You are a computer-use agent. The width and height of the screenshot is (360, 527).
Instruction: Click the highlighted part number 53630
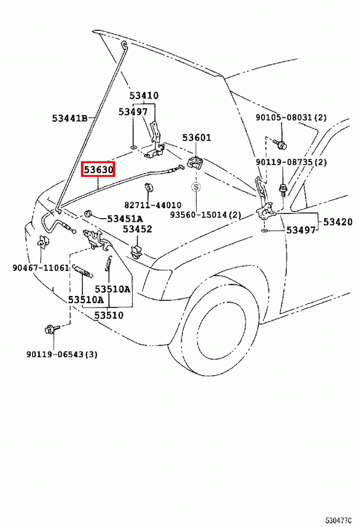coord(98,170)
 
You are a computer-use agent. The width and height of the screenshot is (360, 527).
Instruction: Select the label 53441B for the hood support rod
coord(70,118)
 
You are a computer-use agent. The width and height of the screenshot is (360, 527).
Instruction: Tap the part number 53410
coord(144,96)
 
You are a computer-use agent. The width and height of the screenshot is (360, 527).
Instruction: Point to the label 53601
coord(196,137)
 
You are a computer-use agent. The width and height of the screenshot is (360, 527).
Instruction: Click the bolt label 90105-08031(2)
coord(291,117)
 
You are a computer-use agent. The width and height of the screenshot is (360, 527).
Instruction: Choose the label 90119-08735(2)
coord(291,162)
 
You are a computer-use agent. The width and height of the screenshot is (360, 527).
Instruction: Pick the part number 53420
coord(337,222)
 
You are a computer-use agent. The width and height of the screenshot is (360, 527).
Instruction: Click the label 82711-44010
coord(153,205)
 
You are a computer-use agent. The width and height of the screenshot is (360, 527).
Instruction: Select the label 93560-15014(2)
coord(205,215)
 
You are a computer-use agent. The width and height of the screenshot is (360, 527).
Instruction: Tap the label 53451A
coord(125,219)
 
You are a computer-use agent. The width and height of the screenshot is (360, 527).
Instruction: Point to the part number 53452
coord(137,229)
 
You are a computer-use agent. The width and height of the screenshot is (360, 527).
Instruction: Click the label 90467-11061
coord(41,267)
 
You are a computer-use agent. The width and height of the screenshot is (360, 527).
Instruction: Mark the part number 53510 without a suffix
coord(109,315)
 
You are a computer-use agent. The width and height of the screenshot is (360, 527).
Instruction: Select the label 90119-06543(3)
coord(62,354)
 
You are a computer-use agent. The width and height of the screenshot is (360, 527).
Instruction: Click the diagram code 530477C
coord(338,520)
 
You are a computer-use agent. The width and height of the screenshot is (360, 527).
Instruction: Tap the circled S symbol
coord(196,187)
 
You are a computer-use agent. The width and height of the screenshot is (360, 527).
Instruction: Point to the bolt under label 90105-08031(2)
coord(280,144)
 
